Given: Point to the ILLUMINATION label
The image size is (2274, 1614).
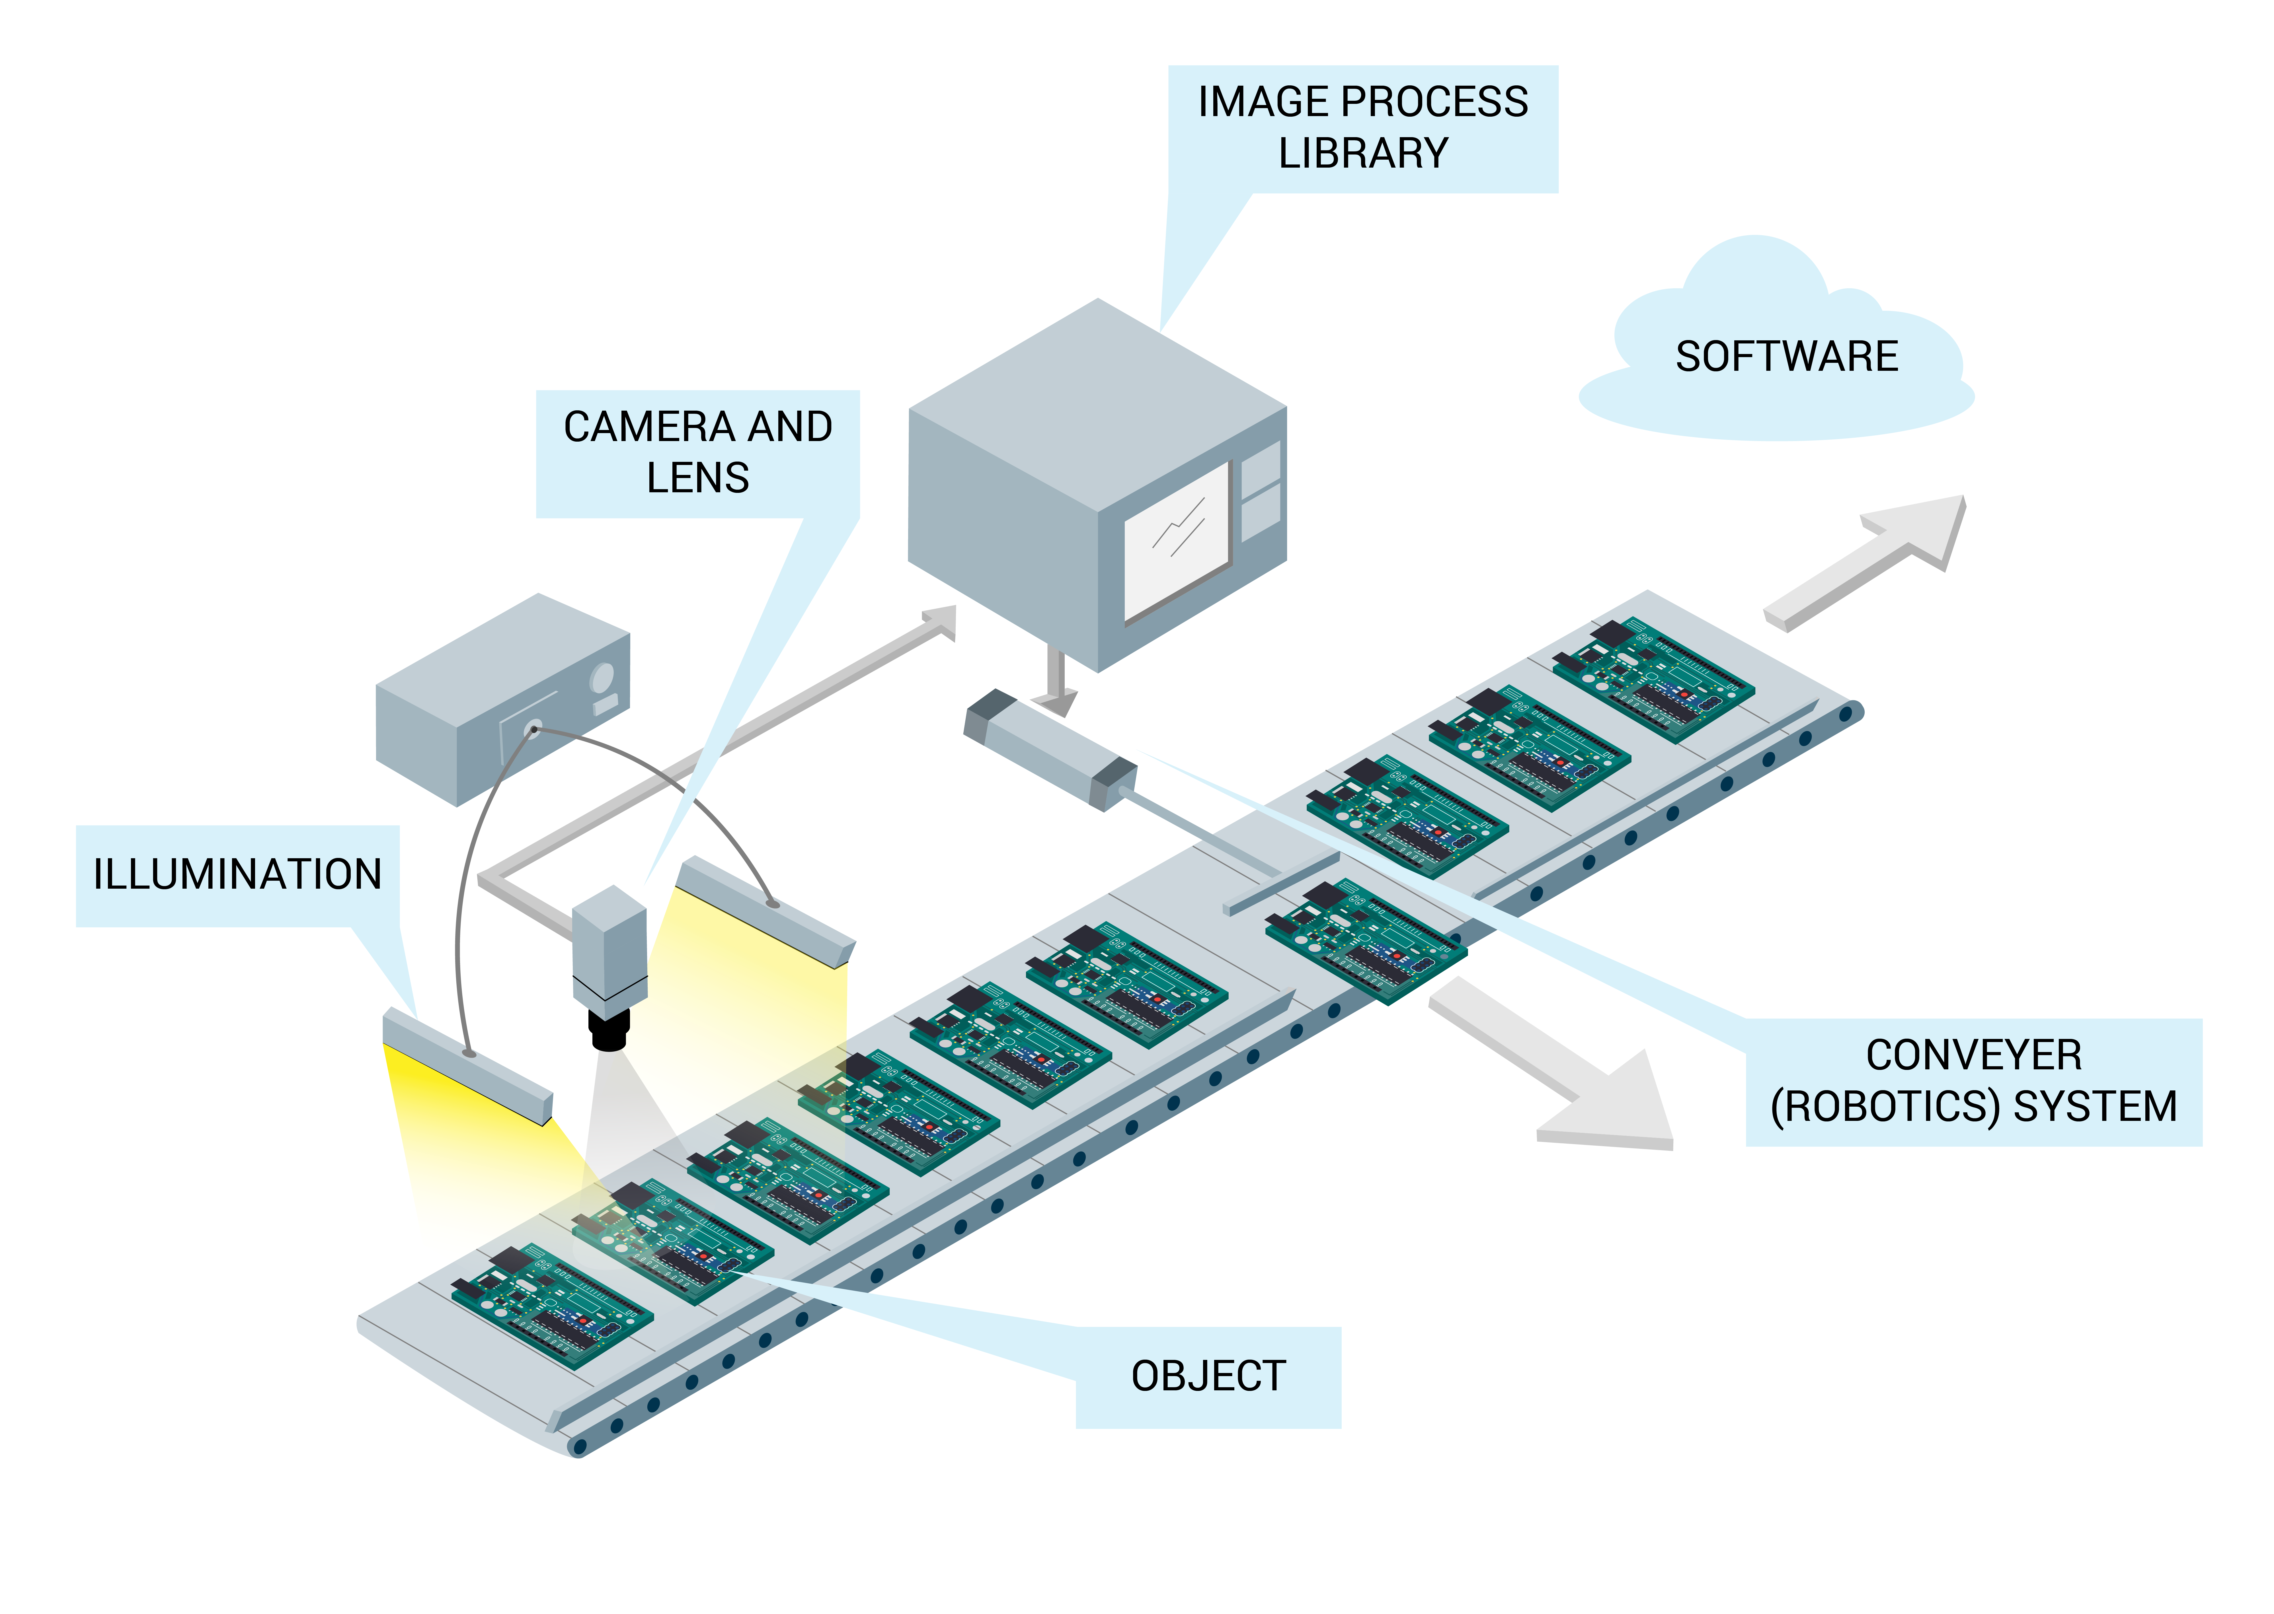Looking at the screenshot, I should pyautogui.click(x=238, y=874).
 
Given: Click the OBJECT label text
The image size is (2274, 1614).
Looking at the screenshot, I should pyautogui.click(x=1208, y=1376).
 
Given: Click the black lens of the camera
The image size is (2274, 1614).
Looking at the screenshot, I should pyautogui.click(x=609, y=1031).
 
